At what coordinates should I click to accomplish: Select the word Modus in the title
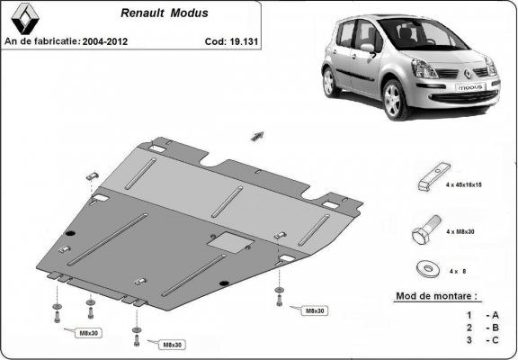[x=184, y=14]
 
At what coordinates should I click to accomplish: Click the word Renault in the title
[x=141, y=14]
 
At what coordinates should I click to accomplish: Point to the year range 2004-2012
[x=108, y=41]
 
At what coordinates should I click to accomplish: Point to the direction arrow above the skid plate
[x=257, y=135]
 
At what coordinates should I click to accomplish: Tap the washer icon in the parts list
[x=427, y=267]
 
